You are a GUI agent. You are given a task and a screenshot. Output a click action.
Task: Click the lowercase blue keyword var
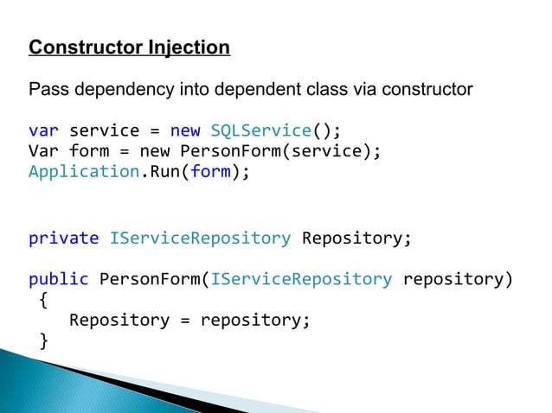(43, 131)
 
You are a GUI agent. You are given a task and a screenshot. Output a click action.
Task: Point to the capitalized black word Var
(43, 151)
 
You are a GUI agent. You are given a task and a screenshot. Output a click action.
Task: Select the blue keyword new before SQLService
(185, 131)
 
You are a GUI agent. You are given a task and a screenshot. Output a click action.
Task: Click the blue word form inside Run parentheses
(210, 171)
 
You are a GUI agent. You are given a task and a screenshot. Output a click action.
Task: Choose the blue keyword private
(63, 238)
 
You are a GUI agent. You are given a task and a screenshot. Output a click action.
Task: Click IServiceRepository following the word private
(200, 238)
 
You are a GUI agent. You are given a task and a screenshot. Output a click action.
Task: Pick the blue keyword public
(59, 279)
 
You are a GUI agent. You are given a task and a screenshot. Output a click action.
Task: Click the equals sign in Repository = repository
(185, 321)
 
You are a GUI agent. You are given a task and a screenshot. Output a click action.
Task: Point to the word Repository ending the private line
(351, 238)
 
